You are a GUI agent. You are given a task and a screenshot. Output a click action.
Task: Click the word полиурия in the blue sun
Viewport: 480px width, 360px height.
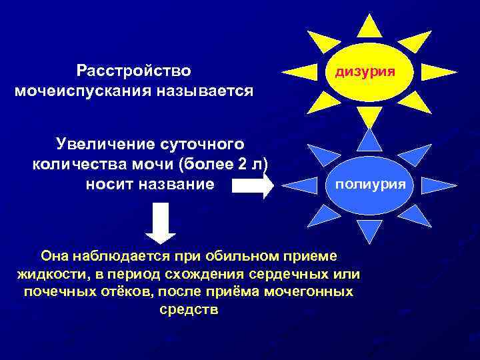[x=369, y=183]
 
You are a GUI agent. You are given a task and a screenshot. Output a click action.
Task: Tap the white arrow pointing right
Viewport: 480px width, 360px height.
[x=254, y=185]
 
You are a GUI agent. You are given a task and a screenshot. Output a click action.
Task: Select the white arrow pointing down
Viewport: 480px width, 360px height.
[x=160, y=223]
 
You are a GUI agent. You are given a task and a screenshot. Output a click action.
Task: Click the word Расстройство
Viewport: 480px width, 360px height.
[x=134, y=70]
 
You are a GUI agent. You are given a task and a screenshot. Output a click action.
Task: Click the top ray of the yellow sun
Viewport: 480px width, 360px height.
[x=369, y=25]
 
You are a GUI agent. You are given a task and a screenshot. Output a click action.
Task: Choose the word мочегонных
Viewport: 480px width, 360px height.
[x=306, y=292]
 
